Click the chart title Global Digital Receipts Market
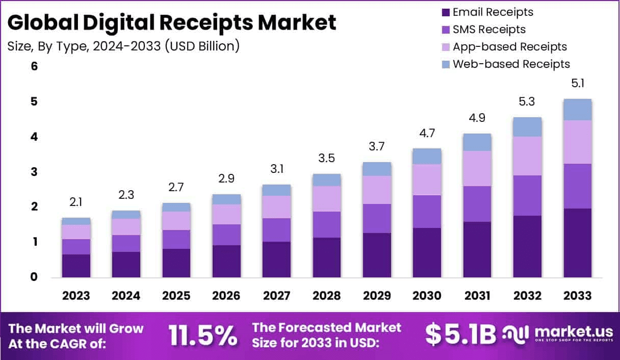tap(172, 23)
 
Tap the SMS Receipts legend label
tap(489, 30)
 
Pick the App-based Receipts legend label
tap(509, 47)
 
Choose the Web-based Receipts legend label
tap(511, 64)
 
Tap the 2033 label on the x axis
tap(577, 296)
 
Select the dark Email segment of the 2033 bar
tap(577, 243)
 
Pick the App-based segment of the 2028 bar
tap(327, 199)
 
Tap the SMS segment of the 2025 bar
tap(176, 239)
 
